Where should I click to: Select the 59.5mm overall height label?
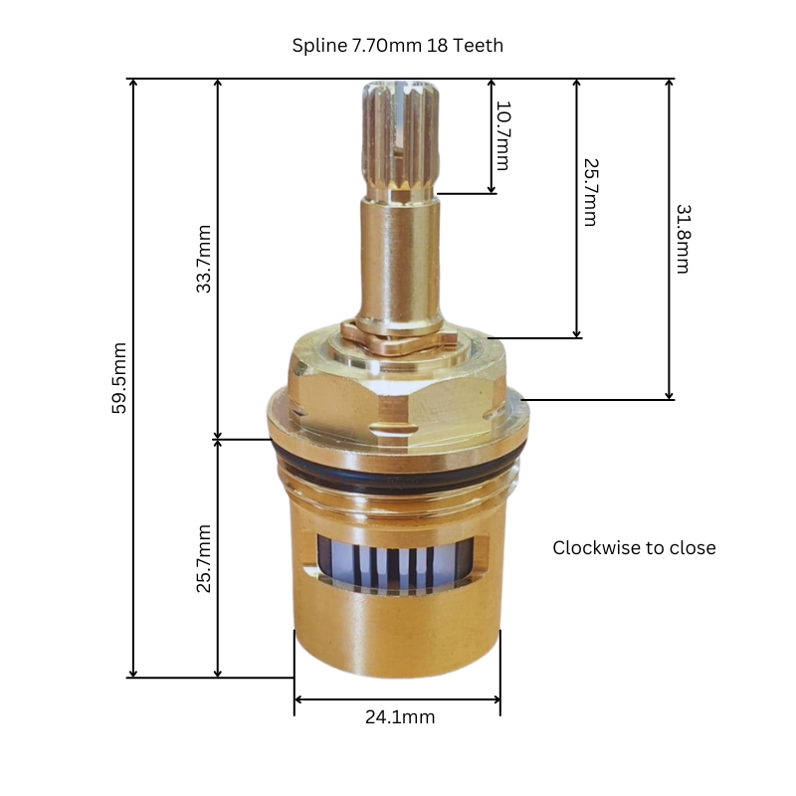coord(119,378)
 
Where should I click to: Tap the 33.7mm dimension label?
coord(204,258)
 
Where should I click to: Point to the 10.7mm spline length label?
coord(502,135)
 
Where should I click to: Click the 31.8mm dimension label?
coord(684,239)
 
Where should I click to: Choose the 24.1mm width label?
coord(397,716)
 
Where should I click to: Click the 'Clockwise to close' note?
coord(634,548)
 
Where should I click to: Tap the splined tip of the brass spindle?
coord(398,139)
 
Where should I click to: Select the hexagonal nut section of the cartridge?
coord(398,393)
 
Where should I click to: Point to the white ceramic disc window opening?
coord(398,562)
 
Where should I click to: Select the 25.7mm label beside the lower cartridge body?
coord(204,558)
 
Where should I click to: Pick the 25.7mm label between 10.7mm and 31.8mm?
coord(589,191)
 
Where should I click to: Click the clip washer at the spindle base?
coord(398,332)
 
